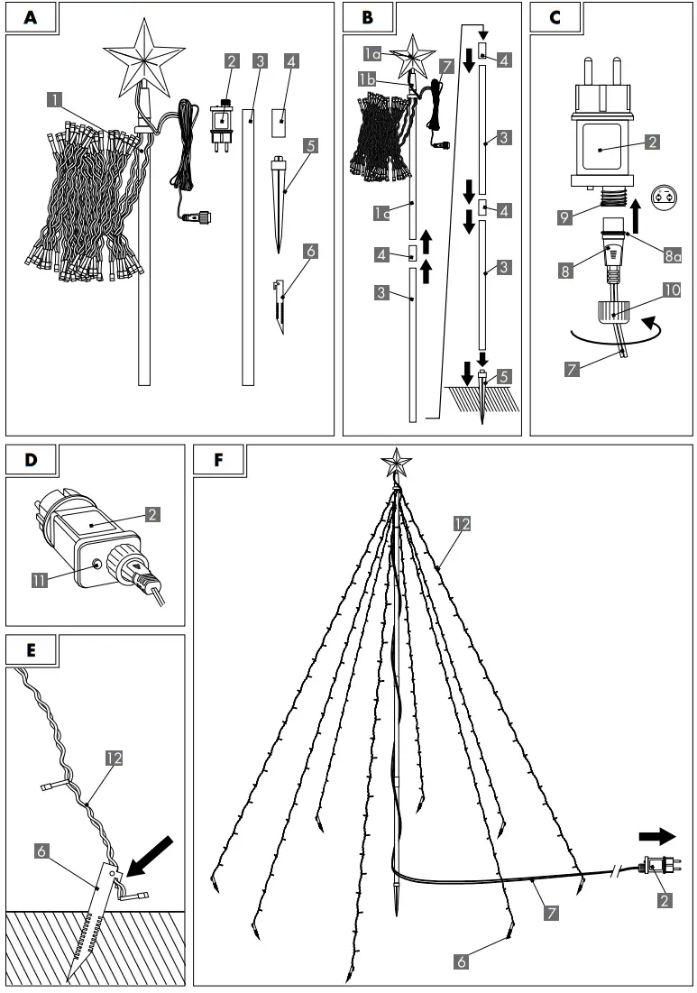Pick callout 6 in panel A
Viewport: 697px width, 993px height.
tap(310, 252)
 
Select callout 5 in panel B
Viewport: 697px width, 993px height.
tap(504, 376)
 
